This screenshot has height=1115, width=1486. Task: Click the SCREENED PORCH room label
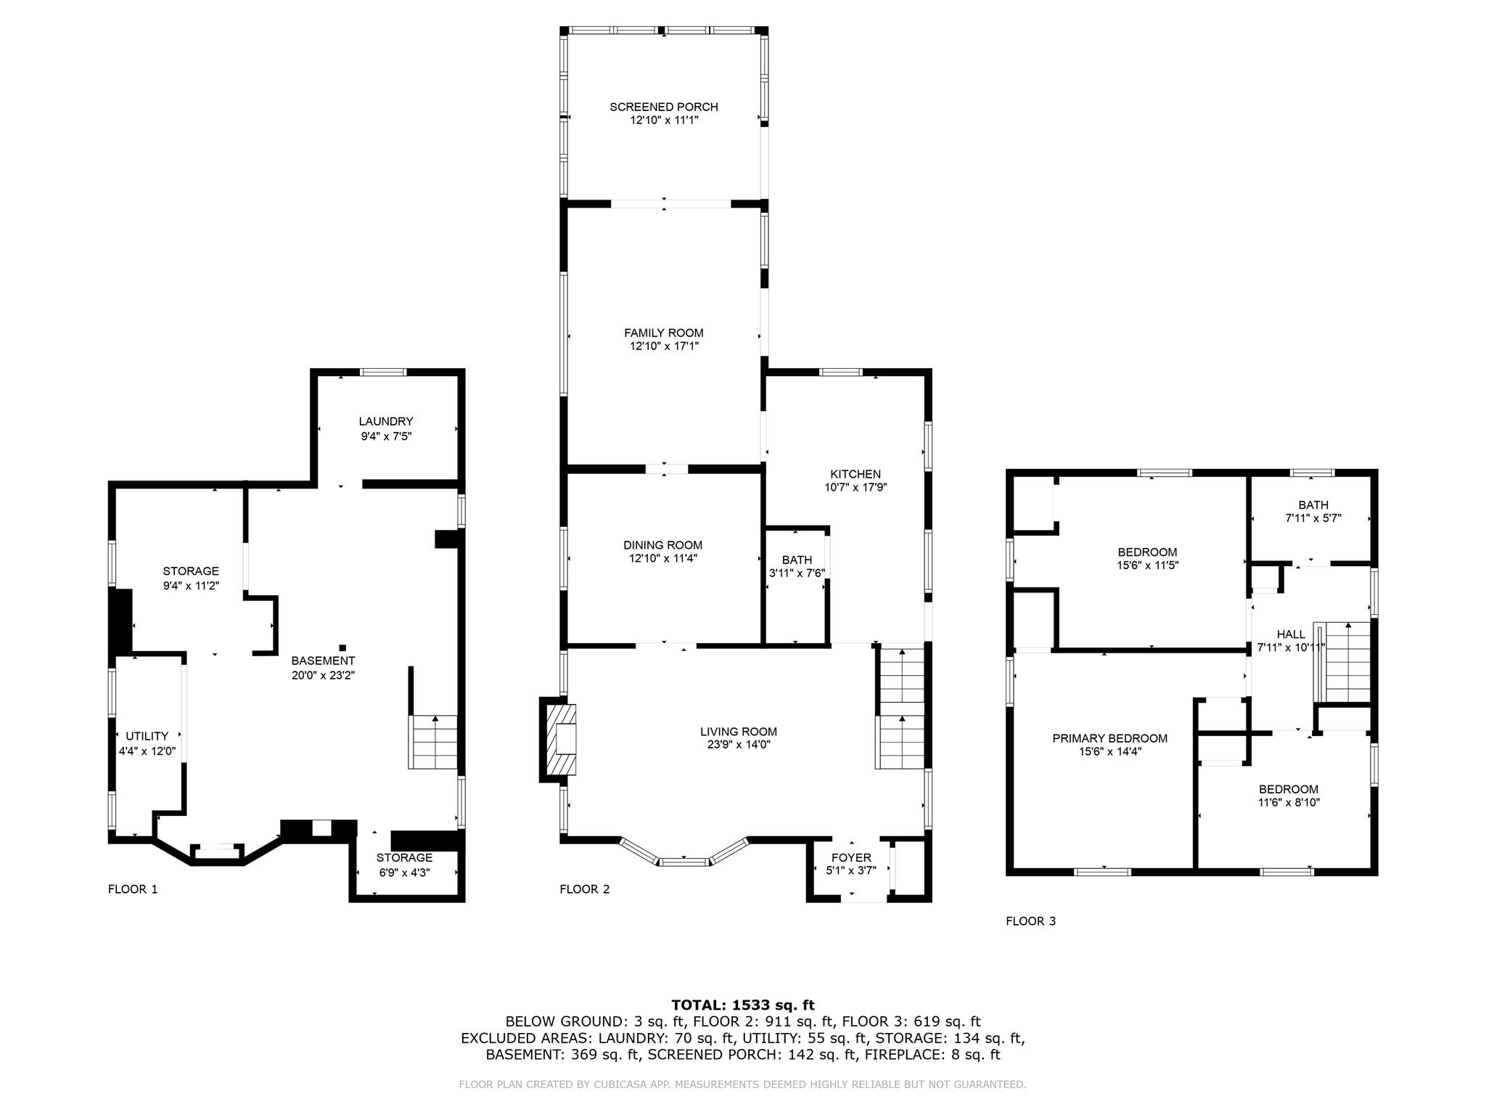(x=664, y=107)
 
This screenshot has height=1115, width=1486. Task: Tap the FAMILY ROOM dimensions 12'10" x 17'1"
(x=664, y=346)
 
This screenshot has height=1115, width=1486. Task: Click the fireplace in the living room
(x=558, y=740)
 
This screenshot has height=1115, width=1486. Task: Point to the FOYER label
(x=851, y=858)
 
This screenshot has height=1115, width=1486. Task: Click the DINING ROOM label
(x=662, y=545)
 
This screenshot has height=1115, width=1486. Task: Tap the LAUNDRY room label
(x=386, y=421)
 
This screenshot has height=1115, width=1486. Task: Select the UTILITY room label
(x=147, y=736)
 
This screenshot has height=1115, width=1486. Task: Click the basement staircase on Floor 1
(x=434, y=742)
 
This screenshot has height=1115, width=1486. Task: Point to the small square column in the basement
(x=342, y=648)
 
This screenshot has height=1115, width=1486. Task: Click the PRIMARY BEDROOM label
(x=1110, y=738)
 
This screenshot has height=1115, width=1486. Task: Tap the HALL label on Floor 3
(x=1291, y=634)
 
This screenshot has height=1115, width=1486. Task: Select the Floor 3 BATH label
(x=1313, y=505)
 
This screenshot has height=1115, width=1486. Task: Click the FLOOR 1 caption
(x=133, y=889)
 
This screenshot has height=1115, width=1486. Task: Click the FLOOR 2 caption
(x=585, y=889)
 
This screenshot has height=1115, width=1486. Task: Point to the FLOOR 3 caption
(x=1030, y=921)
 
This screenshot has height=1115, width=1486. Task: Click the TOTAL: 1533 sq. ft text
(x=743, y=1005)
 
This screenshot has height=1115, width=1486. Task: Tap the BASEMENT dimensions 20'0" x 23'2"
(x=323, y=675)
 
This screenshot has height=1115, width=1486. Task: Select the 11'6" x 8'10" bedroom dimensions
(x=1289, y=803)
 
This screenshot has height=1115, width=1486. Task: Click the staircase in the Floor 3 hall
(x=1343, y=662)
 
